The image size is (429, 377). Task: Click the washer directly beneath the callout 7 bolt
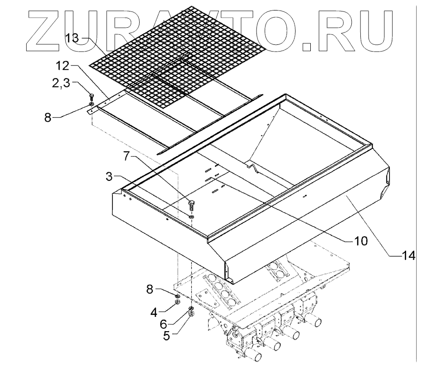point(191,217)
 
